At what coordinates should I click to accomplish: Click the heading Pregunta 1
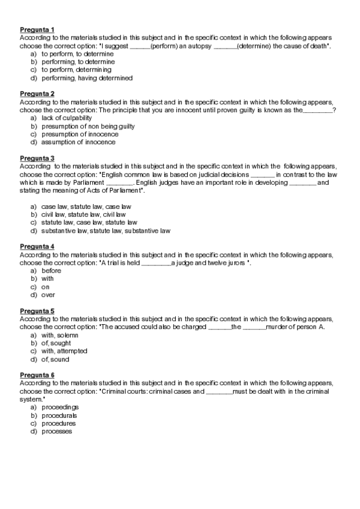pos(37,29)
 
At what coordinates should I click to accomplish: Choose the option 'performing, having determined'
pos(87,78)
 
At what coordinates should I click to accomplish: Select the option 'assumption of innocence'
pos(79,142)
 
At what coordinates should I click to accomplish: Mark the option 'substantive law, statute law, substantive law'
pos(106,230)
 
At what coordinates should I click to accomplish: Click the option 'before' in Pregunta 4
pos(52,271)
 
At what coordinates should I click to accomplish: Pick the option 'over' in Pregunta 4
pos(49,295)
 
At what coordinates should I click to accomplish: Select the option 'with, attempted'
pos(64,351)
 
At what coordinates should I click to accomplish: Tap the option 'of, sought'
pos(56,343)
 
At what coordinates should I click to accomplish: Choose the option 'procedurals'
pos(59,415)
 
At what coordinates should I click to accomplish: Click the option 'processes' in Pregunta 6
pos(57,431)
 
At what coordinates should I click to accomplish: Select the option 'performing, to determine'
pos(78,62)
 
